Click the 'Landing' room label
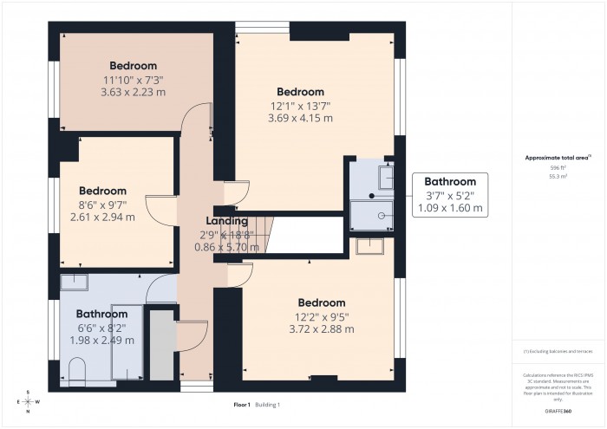click(x=226, y=221)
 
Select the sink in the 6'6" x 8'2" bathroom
click(x=75, y=281)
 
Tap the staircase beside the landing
click(x=259, y=235)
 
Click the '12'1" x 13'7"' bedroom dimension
click(x=300, y=106)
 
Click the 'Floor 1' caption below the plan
click(x=241, y=405)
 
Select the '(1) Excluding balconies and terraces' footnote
click(x=557, y=352)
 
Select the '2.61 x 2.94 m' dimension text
click(x=102, y=217)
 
